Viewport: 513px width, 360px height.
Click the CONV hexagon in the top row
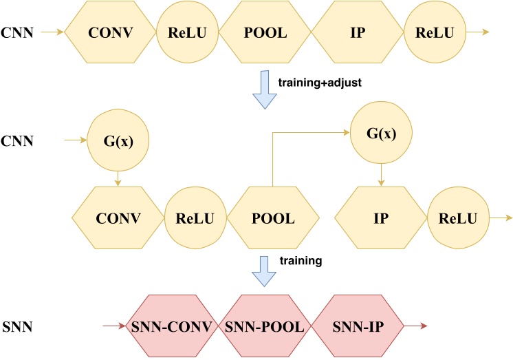tap(111, 32)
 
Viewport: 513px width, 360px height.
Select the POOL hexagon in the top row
tap(265, 32)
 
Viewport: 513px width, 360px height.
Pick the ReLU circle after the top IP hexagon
tap(434, 32)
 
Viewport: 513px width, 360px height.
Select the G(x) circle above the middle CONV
tap(119, 144)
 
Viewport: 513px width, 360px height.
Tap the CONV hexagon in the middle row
tap(118, 219)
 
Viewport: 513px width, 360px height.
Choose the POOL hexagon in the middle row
tap(273, 219)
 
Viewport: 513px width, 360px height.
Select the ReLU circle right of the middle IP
tap(457, 219)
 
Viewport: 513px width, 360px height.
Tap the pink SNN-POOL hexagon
tap(264, 326)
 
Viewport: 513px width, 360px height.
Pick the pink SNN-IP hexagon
tap(357, 326)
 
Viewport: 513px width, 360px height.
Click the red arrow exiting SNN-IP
tap(415, 326)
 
